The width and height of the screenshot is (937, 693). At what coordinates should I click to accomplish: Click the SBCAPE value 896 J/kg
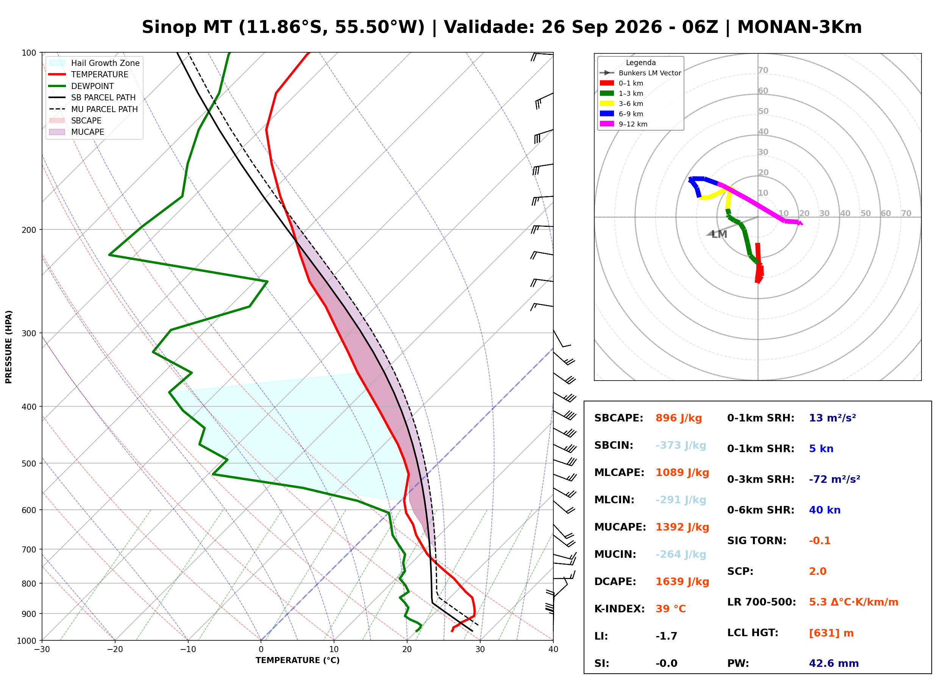click(x=678, y=418)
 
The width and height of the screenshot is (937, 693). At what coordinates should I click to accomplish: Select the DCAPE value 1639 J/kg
click(x=682, y=582)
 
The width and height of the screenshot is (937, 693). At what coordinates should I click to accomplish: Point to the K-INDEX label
click(x=619, y=609)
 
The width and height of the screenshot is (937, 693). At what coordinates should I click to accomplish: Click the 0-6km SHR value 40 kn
click(x=825, y=510)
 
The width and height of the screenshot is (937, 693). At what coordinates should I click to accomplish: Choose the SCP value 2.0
click(x=817, y=571)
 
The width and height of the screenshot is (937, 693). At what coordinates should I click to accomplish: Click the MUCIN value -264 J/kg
click(x=681, y=554)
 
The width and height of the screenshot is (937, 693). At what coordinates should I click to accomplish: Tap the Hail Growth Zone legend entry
click(x=94, y=63)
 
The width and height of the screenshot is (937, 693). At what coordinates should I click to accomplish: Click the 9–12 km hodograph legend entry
click(x=623, y=124)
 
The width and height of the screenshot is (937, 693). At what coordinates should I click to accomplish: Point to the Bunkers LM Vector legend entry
click(x=640, y=73)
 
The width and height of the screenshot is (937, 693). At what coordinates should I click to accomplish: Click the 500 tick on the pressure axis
click(x=28, y=464)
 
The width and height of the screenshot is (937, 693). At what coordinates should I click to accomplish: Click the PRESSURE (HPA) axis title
click(x=9, y=347)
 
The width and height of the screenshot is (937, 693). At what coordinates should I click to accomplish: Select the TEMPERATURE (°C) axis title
click(x=297, y=661)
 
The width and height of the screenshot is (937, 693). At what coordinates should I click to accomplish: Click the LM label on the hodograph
click(x=719, y=234)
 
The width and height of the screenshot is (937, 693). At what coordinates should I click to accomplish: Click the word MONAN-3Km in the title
click(x=800, y=27)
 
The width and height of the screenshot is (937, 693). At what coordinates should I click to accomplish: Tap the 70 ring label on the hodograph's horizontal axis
click(x=906, y=214)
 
